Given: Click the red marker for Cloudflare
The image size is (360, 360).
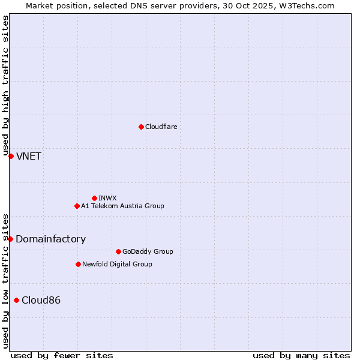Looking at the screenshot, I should click(141, 127).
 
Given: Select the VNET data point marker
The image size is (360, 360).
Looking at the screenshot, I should click(11, 156).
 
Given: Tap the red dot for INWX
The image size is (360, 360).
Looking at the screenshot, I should click(94, 198).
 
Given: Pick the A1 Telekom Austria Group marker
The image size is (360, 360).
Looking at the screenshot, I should click(77, 206).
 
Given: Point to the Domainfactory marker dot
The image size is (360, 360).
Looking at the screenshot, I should click(10, 239).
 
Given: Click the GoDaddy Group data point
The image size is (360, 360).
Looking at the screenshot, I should click(118, 251).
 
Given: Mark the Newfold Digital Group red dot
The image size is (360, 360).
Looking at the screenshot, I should click(78, 264).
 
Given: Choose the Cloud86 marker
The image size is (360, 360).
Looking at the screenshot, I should click(16, 300).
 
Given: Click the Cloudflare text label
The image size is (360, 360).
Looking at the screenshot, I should click(161, 127).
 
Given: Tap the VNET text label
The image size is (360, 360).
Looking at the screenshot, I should click(29, 156).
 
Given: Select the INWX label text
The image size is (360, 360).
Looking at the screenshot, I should click(107, 198).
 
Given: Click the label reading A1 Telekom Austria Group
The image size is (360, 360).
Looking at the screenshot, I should click(122, 206).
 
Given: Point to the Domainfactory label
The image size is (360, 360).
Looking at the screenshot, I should click(50, 239).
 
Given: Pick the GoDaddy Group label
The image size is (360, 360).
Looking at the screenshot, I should click(148, 251).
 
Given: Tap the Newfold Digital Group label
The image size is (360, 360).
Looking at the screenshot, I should click(117, 264).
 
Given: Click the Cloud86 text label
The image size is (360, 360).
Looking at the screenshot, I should click(41, 300).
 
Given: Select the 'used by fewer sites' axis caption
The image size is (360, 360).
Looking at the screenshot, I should click(62, 355).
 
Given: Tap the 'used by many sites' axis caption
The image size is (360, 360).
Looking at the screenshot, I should click(301, 355).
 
